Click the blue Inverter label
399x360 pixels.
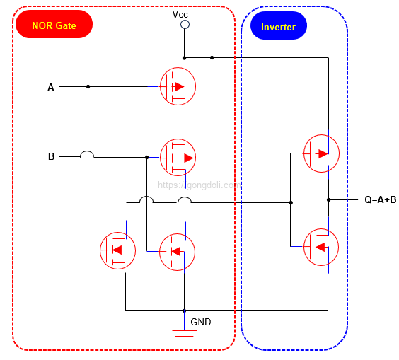click(x=278, y=28)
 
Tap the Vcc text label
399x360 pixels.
click(x=180, y=14)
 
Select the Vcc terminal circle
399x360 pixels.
click(x=185, y=25)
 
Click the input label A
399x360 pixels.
click(x=51, y=87)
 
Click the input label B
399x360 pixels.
click(x=51, y=156)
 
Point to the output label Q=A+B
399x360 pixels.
click(x=380, y=199)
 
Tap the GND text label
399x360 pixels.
click(x=201, y=322)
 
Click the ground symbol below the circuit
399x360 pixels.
click(x=185, y=335)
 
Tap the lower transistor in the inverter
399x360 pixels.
click(x=320, y=247)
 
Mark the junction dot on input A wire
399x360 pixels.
click(x=88, y=87)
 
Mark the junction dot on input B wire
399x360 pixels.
click(x=146, y=157)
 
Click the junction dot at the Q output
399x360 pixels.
click(x=328, y=199)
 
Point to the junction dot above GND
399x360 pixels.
click(x=184, y=310)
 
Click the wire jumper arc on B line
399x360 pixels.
click(x=88, y=154)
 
